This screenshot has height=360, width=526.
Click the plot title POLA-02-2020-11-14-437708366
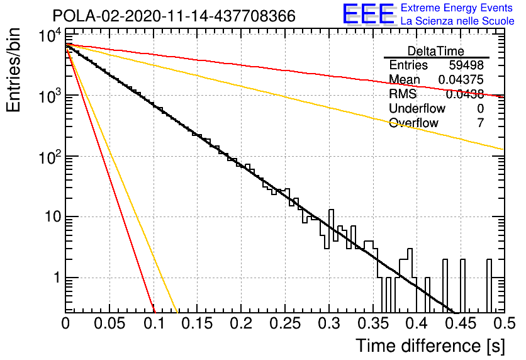[174, 16]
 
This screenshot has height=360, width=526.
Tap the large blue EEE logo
[368, 14]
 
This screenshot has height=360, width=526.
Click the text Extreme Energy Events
[457, 8]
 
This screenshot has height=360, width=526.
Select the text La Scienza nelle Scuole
[457, 21]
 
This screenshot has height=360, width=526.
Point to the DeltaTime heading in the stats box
[436, 51]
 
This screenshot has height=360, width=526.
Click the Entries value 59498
[466, 65]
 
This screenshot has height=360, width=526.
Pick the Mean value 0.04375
[461, 79]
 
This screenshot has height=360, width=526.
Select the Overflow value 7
[480, 123]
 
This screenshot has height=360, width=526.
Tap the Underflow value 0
[480, 108]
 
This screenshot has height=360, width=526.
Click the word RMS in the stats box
[403, 94]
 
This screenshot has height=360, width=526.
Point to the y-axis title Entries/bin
[13, 70]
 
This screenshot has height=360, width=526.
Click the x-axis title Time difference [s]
[430, 346]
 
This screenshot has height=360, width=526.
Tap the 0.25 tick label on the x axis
[285, 323]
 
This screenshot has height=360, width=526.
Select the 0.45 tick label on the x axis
[461, 323]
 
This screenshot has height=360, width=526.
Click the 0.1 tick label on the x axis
[154, 323]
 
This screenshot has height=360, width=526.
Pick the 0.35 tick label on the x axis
[373, 323]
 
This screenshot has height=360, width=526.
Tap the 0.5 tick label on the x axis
[505, 323]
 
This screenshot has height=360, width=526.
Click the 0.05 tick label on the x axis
[109, 323]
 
